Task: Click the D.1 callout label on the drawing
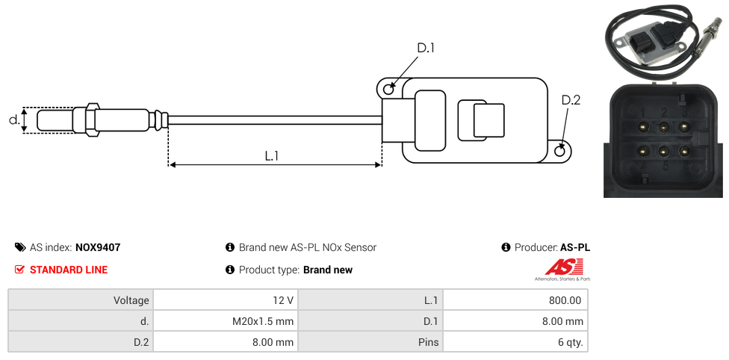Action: [x=425, y=49]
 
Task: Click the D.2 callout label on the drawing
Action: [x=571, y=101]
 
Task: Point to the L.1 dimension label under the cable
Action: [x=272, y=155]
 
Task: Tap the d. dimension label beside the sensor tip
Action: [x=13, y=120]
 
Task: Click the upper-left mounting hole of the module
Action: [x=388, y=90]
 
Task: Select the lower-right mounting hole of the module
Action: [x=561, y=152]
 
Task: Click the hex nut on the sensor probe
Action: [x=93, y=120]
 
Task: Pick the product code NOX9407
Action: [x=98, y=247]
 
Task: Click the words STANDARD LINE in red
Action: [x=69, y=270]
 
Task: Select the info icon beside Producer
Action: [x=506, y=247]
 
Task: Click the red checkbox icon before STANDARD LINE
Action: [x=20, y=270]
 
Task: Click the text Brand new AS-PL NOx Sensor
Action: [x=307, y=247]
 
